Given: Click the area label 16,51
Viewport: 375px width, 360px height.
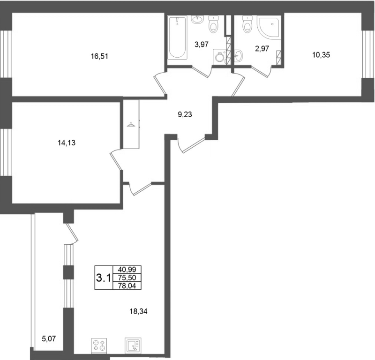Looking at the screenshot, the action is [99, 56].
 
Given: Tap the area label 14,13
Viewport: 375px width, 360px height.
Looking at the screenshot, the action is [67, 143].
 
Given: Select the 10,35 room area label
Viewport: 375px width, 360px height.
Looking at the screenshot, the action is [321, 55].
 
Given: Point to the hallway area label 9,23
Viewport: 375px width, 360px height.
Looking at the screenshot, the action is [185, 115].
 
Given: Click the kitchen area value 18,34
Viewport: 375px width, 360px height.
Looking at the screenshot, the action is [138, 311].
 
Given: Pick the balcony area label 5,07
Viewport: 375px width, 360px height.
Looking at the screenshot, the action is [49, 339].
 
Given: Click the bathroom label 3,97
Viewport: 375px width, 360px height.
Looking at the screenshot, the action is [202, 45].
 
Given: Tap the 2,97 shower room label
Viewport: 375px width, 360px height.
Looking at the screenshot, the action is [262, 49].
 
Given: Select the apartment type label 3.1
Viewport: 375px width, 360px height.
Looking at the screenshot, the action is [103, 278].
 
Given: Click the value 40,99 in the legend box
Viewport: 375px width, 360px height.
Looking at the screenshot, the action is [127, 270].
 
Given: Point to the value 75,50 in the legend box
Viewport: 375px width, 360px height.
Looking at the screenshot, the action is [127, 277].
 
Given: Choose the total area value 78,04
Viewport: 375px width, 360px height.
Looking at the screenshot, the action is [127, 285].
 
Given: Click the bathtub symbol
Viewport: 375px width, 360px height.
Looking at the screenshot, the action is [177, 37].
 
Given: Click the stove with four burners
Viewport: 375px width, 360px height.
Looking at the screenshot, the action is [99, 345].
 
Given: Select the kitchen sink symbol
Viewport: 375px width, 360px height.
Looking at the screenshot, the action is [133, 345].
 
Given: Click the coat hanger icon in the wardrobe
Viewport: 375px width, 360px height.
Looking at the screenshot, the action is [131, 124].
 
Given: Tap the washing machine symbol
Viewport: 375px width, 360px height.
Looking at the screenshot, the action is [219, 57].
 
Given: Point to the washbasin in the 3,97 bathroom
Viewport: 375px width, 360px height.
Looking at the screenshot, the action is [197, 20].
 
